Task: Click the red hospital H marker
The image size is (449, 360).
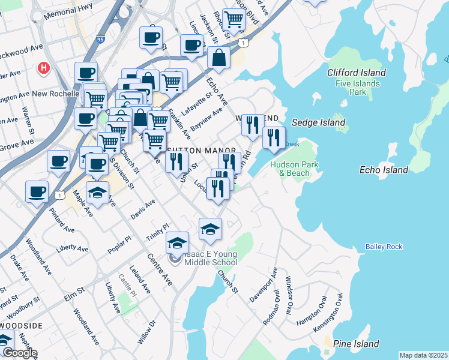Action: (43, 68)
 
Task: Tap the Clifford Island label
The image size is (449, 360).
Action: (357, 73)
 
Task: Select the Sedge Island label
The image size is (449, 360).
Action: (318, 122)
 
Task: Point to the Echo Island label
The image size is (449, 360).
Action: (384, 170)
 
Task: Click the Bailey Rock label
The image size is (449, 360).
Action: (384, 247)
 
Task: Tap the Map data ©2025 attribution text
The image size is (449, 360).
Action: (423, 355)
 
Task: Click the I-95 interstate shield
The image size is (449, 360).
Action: (100, 38)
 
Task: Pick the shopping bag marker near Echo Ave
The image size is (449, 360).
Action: (218, 58)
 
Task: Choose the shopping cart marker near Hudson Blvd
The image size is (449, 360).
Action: (233, 19)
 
